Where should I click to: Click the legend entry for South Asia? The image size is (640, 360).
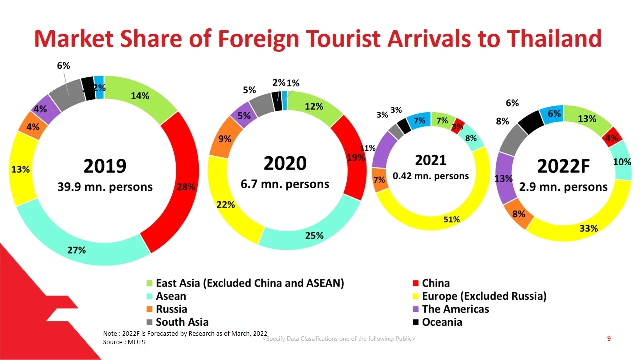coord(182,322)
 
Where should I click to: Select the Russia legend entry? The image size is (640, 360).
coord(171,309)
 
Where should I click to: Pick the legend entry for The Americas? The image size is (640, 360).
coord(455,309)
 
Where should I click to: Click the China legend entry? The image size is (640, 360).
coord(435,283)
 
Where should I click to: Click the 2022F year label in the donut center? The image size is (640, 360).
coord(563,166)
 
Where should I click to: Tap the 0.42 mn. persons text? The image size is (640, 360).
coord(431,176)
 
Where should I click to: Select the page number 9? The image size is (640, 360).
coord(609,339)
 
